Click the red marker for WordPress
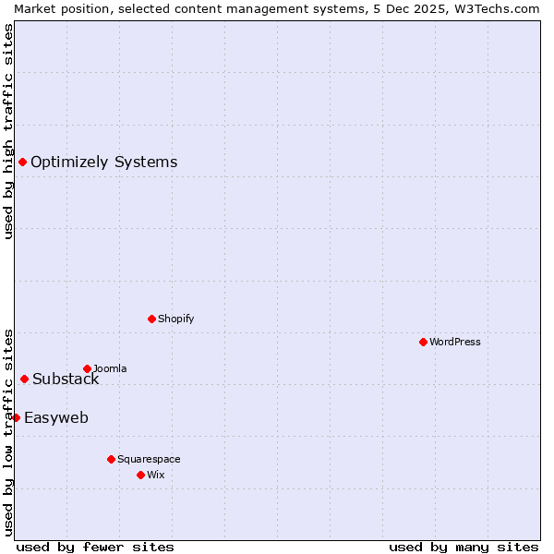(x=423, y=342)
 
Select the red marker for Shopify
(x=151, y=319)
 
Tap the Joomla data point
(x=87, y=368)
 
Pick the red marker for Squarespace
(x=111, y=459)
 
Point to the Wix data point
(x=140, y=475)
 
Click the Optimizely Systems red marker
(x=22, y=163)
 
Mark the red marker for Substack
(x=24, y=379)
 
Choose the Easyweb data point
(x=16, y=417)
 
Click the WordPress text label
(x=455, y=342)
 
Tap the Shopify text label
(x=175, y=319)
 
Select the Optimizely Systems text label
(x=103, y=163)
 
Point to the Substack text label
(x=66, y=379)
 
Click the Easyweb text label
(x=56, y=418)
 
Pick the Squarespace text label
(x=149, y=459)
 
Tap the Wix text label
(x=156, y=475)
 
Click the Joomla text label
(x=110, y=368)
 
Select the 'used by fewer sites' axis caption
(x=95, y=547)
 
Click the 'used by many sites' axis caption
(x=464, y=547)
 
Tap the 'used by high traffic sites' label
(x=8, y=131)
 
